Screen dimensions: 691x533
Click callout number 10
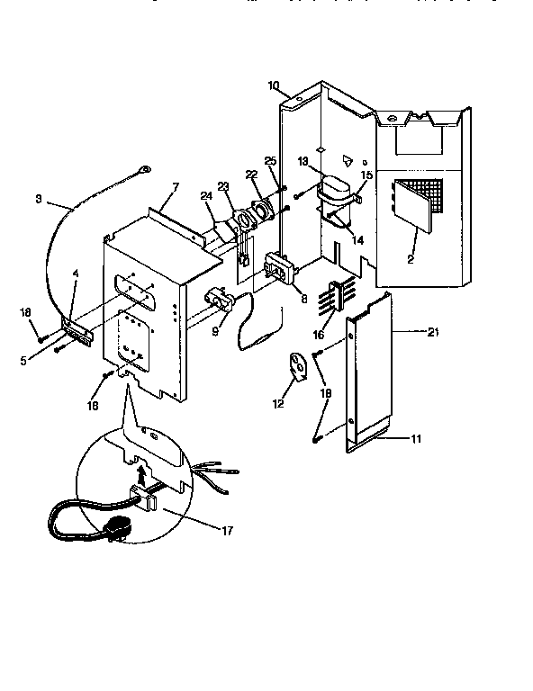[274, 85]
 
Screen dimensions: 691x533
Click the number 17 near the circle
[227, 530]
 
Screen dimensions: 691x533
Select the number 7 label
[176, 186]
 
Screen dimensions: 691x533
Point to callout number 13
[303, 162]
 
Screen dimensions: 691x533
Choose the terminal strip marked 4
[77, 329]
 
